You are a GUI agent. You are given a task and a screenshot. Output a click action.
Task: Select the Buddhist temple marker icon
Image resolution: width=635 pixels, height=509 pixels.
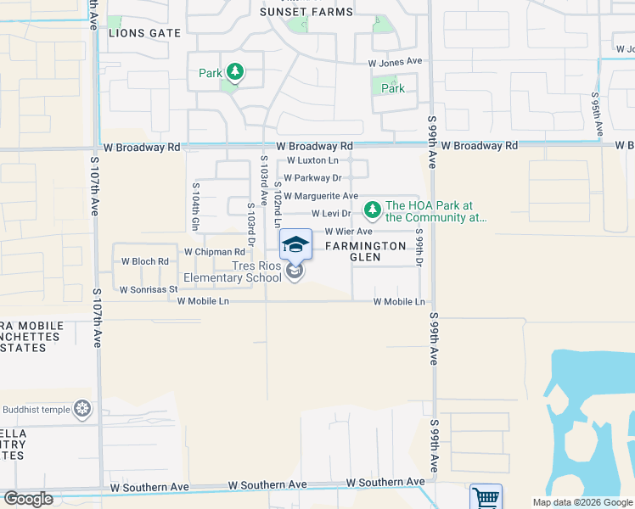pyautogui.click(x=82, y=410)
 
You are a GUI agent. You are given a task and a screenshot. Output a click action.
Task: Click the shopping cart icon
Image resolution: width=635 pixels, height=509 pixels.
pyautogui.click(x=486, y=497)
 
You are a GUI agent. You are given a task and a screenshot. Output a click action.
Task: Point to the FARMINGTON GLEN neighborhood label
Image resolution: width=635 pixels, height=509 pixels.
pyautogui.click(x=366, y=251)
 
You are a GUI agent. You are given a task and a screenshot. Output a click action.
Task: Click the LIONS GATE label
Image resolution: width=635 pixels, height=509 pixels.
pyautogui.click(x=145, y=33)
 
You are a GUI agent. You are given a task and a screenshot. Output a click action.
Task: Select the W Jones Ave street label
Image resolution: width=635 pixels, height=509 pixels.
pyautogui.click(x=395, y=62)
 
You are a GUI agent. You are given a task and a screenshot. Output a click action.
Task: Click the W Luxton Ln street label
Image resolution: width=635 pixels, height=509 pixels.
pyautogui.click(x=312, y=160)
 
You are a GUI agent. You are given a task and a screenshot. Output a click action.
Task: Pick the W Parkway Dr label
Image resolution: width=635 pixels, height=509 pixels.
pyautogui.click(x=312, y=178)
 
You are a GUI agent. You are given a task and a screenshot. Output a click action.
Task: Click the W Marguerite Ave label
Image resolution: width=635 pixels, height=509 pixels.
pyautogui.click(x=321, y=196)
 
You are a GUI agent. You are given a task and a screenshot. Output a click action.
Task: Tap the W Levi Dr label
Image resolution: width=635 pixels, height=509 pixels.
pyautogui.click(x=331, y=214)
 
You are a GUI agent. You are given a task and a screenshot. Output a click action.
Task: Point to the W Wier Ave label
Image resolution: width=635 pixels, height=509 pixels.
pyautogui.click(x=349, y=232)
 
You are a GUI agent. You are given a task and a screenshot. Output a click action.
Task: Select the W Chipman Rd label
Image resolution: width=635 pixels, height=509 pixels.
pyautogui.click(x=214, y=252)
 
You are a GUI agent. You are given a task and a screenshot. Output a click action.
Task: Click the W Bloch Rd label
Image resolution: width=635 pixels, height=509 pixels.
pyautogui.click(x=145, y=261)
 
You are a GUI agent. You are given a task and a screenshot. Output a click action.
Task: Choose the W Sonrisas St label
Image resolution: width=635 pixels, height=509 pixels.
pyautogui.click(x=148, y=289)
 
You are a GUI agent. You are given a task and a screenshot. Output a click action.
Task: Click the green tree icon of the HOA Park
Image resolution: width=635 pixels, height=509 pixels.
pyautogui.click(x=371, y=209)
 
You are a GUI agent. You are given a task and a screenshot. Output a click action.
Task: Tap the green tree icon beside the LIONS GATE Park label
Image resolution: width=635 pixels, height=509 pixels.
pyautogui.click(x=234, y=74)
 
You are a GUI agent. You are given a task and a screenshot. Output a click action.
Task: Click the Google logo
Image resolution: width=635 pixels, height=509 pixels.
pyautogui.click(x=29, y=498)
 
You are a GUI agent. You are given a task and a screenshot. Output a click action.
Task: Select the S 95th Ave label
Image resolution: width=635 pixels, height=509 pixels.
pyautogui.click(x=598, y=115)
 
